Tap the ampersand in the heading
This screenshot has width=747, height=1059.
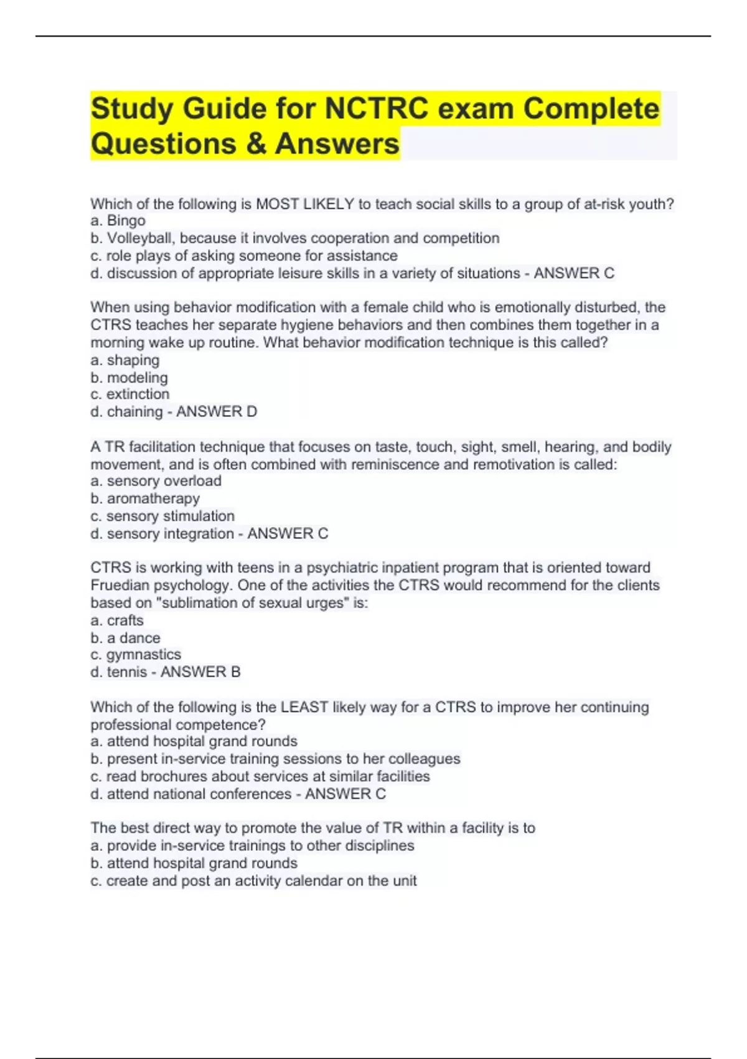[x=255, y=144]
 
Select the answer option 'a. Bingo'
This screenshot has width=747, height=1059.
[x=118, y=221]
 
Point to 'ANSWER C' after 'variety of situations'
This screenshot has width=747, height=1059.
[x=573, y=273]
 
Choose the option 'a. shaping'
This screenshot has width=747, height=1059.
[x=125, y=360]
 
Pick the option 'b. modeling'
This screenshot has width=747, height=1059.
[x=129, y=378]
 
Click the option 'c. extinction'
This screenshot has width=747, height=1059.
[x=129, y=394]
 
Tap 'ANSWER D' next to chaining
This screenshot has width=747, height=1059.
[x=216, y=412]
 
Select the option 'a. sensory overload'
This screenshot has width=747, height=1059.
[x=156, y=481]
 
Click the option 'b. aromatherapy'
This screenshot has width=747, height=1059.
[x=145, y=498]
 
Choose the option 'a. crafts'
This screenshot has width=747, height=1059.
[x=117, y=620]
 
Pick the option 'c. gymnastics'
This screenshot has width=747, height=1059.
[x=136, y=655]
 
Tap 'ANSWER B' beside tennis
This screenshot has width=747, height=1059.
[x=200, y=672]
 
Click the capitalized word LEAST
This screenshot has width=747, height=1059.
[x=304, y=707]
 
